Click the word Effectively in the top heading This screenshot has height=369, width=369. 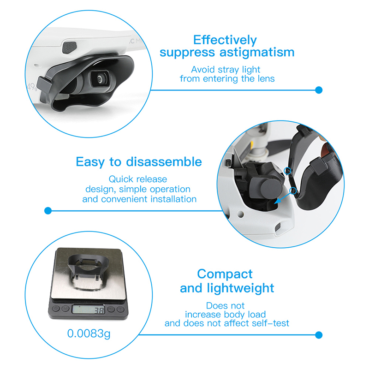click(225, 40)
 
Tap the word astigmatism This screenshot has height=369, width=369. click(257, 52)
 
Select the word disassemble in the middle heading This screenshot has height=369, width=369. click(164, 162)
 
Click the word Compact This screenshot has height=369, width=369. click(225, 274)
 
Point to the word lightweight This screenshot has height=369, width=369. click(240, 288)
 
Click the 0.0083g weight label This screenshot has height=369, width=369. click(89, 333)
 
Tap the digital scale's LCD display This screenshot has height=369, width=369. click(88, 309)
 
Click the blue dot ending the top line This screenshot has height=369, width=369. click(319, 90)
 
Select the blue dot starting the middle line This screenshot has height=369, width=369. click(48, 211)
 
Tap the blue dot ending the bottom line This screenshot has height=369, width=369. click(319, 335)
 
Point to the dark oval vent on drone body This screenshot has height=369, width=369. click(69, 48)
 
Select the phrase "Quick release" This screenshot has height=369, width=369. click(138, 179)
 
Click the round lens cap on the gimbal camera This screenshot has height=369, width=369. click(272, 189)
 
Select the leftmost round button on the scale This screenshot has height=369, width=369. click(56, 308)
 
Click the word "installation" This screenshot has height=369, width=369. click(173, 199)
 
